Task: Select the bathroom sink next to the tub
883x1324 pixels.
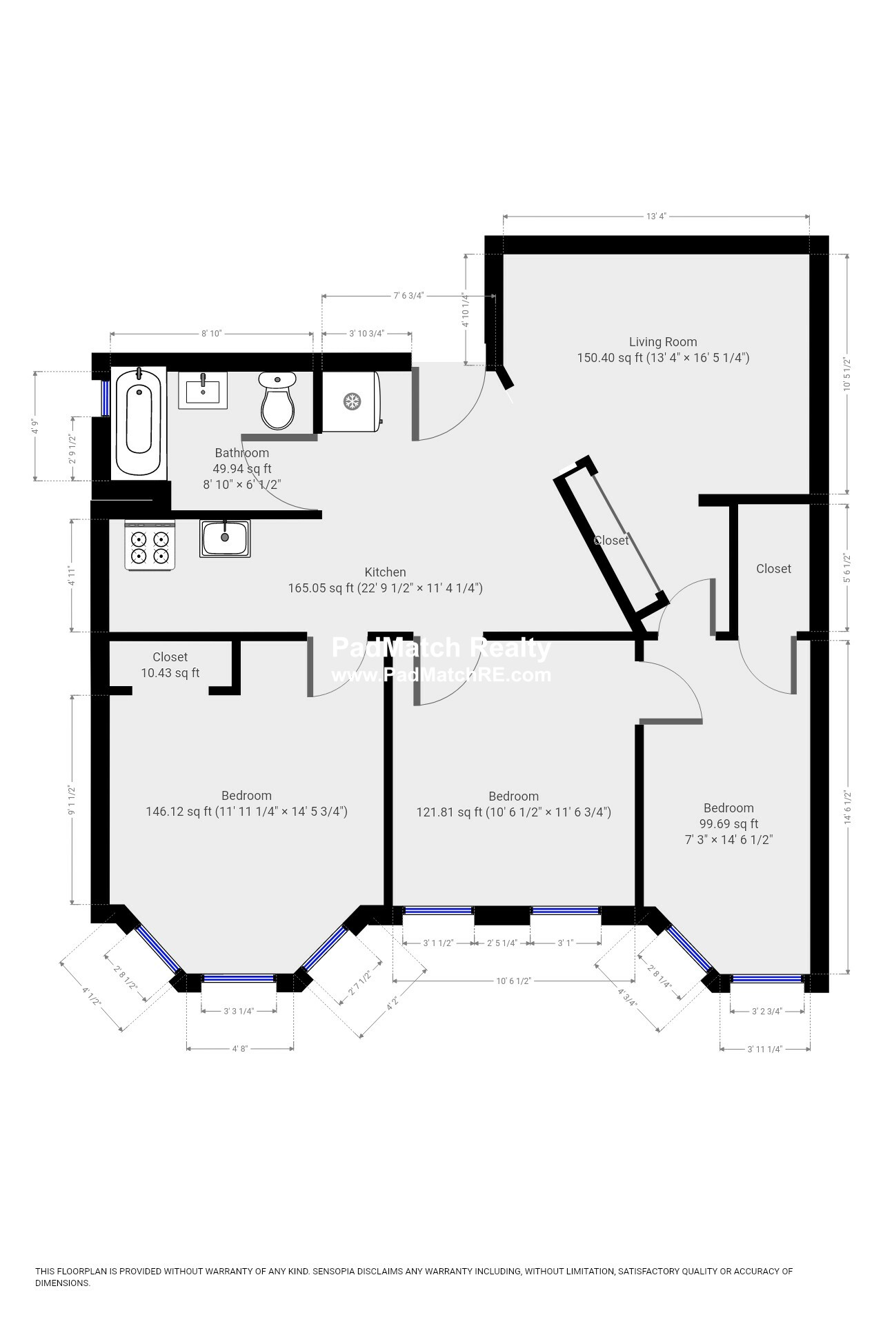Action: tap(203, 390)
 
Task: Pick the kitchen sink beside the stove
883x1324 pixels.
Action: tap(225, 539)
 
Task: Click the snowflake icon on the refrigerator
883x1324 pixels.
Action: tap(352, 401)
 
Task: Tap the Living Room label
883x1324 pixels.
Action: tap(662, 342)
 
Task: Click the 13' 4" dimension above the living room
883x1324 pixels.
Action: tap(655, 217)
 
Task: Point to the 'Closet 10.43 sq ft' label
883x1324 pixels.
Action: tap(170, 665)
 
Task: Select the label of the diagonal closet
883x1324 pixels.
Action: tap(611, 541)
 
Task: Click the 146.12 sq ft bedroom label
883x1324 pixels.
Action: tap(246, 803)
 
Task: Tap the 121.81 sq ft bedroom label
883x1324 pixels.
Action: tap(513, 804)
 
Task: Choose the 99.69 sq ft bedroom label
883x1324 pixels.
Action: tap(728, 823)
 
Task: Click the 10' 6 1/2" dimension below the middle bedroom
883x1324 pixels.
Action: tap(514, 981)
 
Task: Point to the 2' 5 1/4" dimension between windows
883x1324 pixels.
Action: tap(502, 943)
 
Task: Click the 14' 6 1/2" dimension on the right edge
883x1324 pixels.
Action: tap(847, 807)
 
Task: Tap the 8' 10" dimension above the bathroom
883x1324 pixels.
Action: tap(211, 334)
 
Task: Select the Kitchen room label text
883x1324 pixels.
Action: tap(385, 572)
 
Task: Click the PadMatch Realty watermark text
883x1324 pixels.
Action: tap(441, 648)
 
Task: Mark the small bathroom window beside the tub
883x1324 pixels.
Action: tap(106, 397)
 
